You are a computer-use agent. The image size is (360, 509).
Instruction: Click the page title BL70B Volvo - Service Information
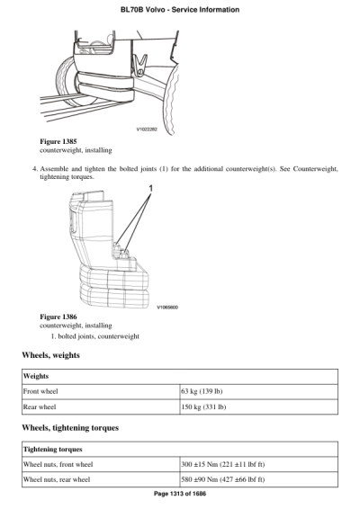coord(180,10)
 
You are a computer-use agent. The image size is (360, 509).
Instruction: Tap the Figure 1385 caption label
coord(58,141)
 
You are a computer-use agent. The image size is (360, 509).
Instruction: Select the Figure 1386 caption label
coord(58,317)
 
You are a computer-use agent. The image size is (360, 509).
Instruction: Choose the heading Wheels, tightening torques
coord(70,427)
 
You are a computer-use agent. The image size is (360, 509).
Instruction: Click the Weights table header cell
coord(37,377)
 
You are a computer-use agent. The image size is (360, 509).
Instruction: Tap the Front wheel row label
coord(44,392)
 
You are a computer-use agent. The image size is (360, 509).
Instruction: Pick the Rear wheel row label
coord(42,407)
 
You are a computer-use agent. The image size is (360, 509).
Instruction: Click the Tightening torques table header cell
coord(53,448)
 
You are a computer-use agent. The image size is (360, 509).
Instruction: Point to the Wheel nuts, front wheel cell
coord(58,464)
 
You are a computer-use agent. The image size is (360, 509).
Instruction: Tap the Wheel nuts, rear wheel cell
coord(57,479)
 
